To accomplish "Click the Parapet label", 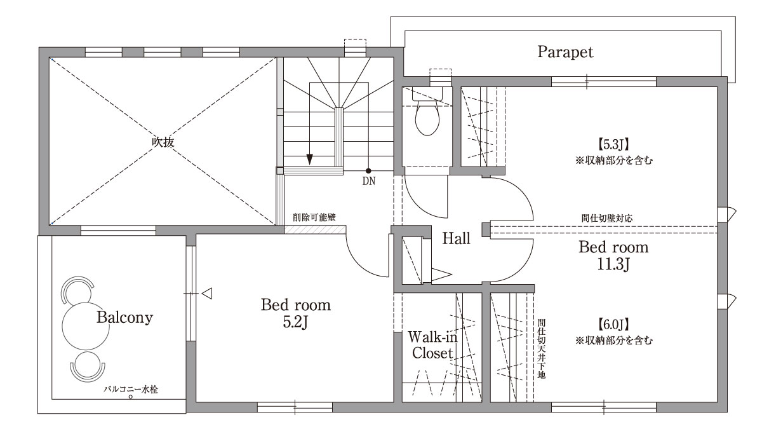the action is (x=565, y=52).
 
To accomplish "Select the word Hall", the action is (x=456, y=238).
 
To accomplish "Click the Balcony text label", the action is (x=124, y=318).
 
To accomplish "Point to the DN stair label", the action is (x=369, y=181).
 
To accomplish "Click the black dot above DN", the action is (x=368, y=171).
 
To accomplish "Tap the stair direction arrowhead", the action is (x=310, y=160).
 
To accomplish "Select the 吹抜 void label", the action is (x=163, y=142).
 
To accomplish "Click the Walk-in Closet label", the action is (x=432, y=345).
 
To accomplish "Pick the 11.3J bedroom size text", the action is (x=613, y=264).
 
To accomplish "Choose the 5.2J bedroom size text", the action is (x=295, y=322).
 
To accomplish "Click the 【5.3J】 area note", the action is (x=613, y=145).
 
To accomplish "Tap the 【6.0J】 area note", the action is (x=613, y=325).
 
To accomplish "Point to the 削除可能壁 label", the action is (x=314, y=217).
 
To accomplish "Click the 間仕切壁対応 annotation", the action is (x=607, y=218).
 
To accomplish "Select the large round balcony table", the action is (x=86, y=326).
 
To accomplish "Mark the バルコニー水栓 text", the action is (x=131, y=390).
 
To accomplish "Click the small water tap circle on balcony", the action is (x=130, y=397).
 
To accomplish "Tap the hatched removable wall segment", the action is (x=315, y=229).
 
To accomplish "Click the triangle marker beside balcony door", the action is (x=207, y=293).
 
